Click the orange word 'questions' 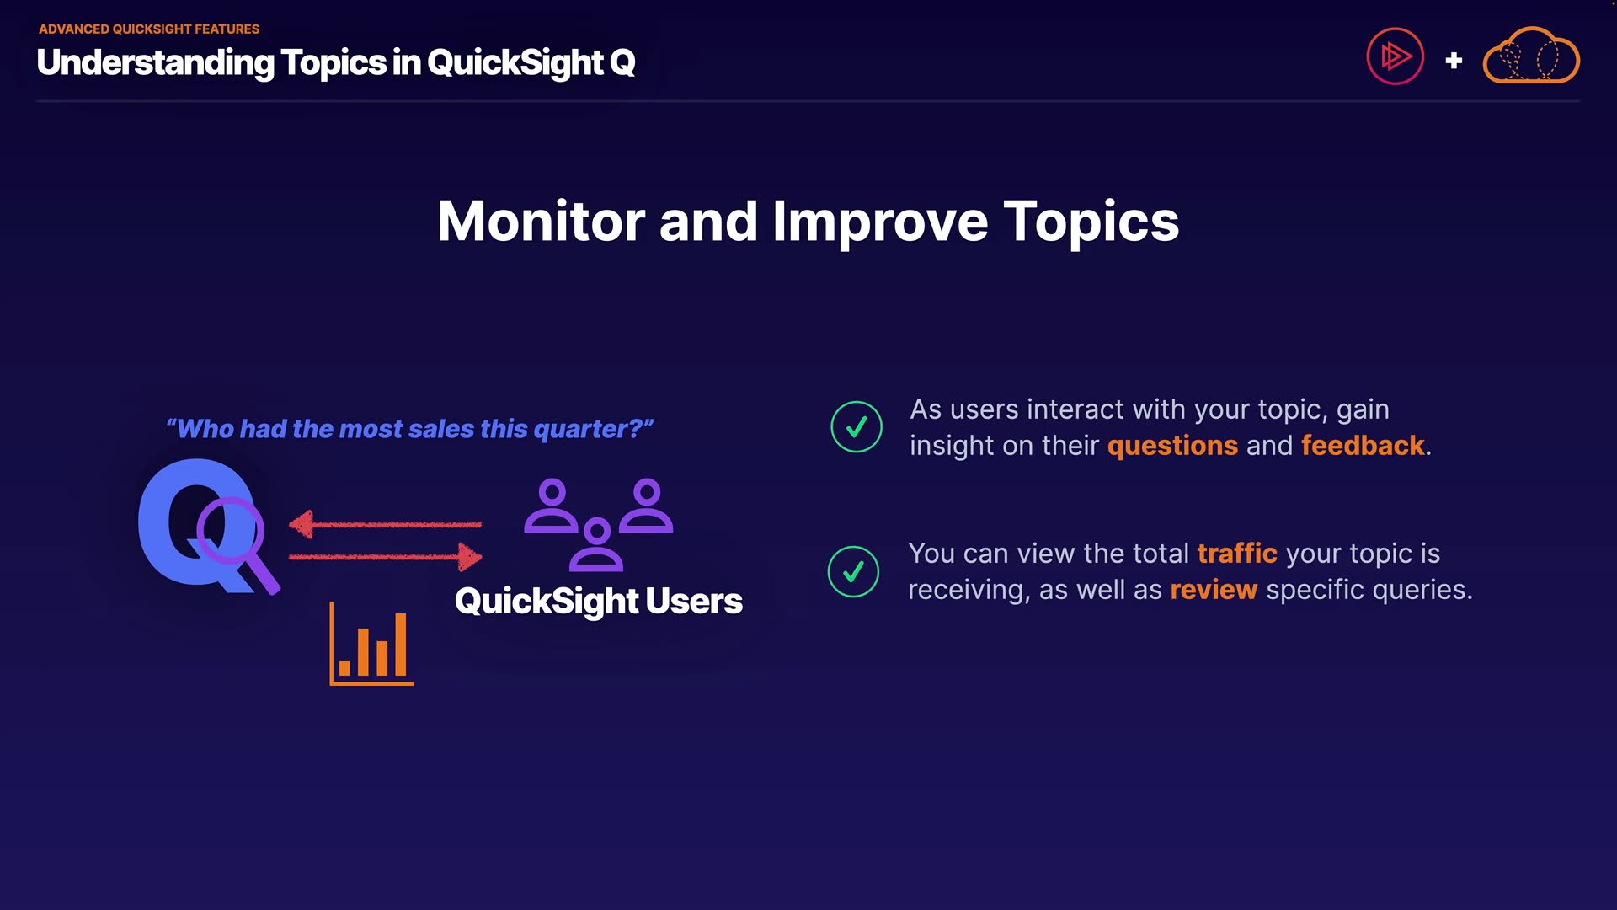1172,446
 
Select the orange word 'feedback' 1363,445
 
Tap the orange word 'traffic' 1237,554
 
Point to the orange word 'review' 1214,590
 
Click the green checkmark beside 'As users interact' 857,427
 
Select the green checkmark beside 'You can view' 853,571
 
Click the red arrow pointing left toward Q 385,524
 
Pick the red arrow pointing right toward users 386,556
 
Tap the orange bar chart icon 371,644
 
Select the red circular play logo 1395,56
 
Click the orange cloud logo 1531,56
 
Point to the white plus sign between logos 1454,61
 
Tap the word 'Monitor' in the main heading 542,222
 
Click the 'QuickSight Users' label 599,602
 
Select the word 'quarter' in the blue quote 579,430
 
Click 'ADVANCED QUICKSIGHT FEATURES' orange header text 149,29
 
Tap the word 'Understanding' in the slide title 156,63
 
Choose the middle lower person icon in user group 596,545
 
